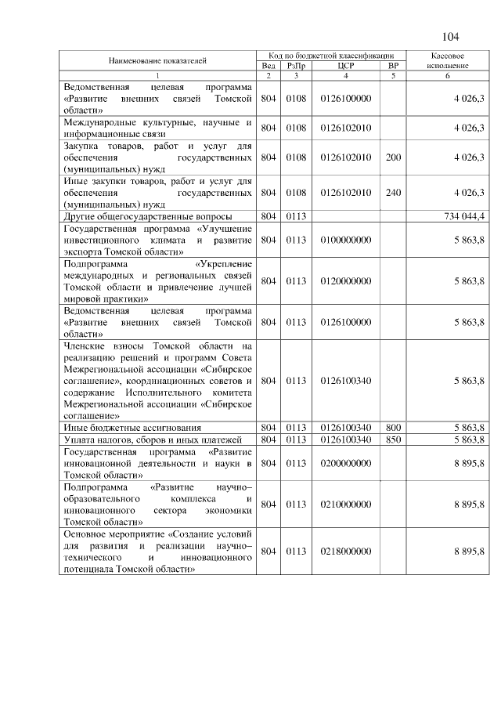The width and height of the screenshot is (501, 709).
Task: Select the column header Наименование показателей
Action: tap(157, 60)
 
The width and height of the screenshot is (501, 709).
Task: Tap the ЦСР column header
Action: tap(345, 66)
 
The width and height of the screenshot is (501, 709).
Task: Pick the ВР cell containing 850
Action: tap(393, 440)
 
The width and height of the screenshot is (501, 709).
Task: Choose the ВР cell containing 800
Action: tap(393, 428)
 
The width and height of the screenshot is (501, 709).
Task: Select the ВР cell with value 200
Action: tap(393, 157)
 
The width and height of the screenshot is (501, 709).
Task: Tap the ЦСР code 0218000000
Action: tap(346, 552)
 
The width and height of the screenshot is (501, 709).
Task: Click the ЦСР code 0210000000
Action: tap(346, 505)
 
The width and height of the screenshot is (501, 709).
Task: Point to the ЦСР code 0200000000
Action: tap(346, 463)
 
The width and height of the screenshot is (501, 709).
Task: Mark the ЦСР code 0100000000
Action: tap(346, 241)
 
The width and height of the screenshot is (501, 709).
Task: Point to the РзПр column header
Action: tap(296, 66)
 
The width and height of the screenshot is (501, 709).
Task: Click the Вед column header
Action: tap(268, 66)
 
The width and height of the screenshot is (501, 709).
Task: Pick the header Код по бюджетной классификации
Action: tap(332, 56)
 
